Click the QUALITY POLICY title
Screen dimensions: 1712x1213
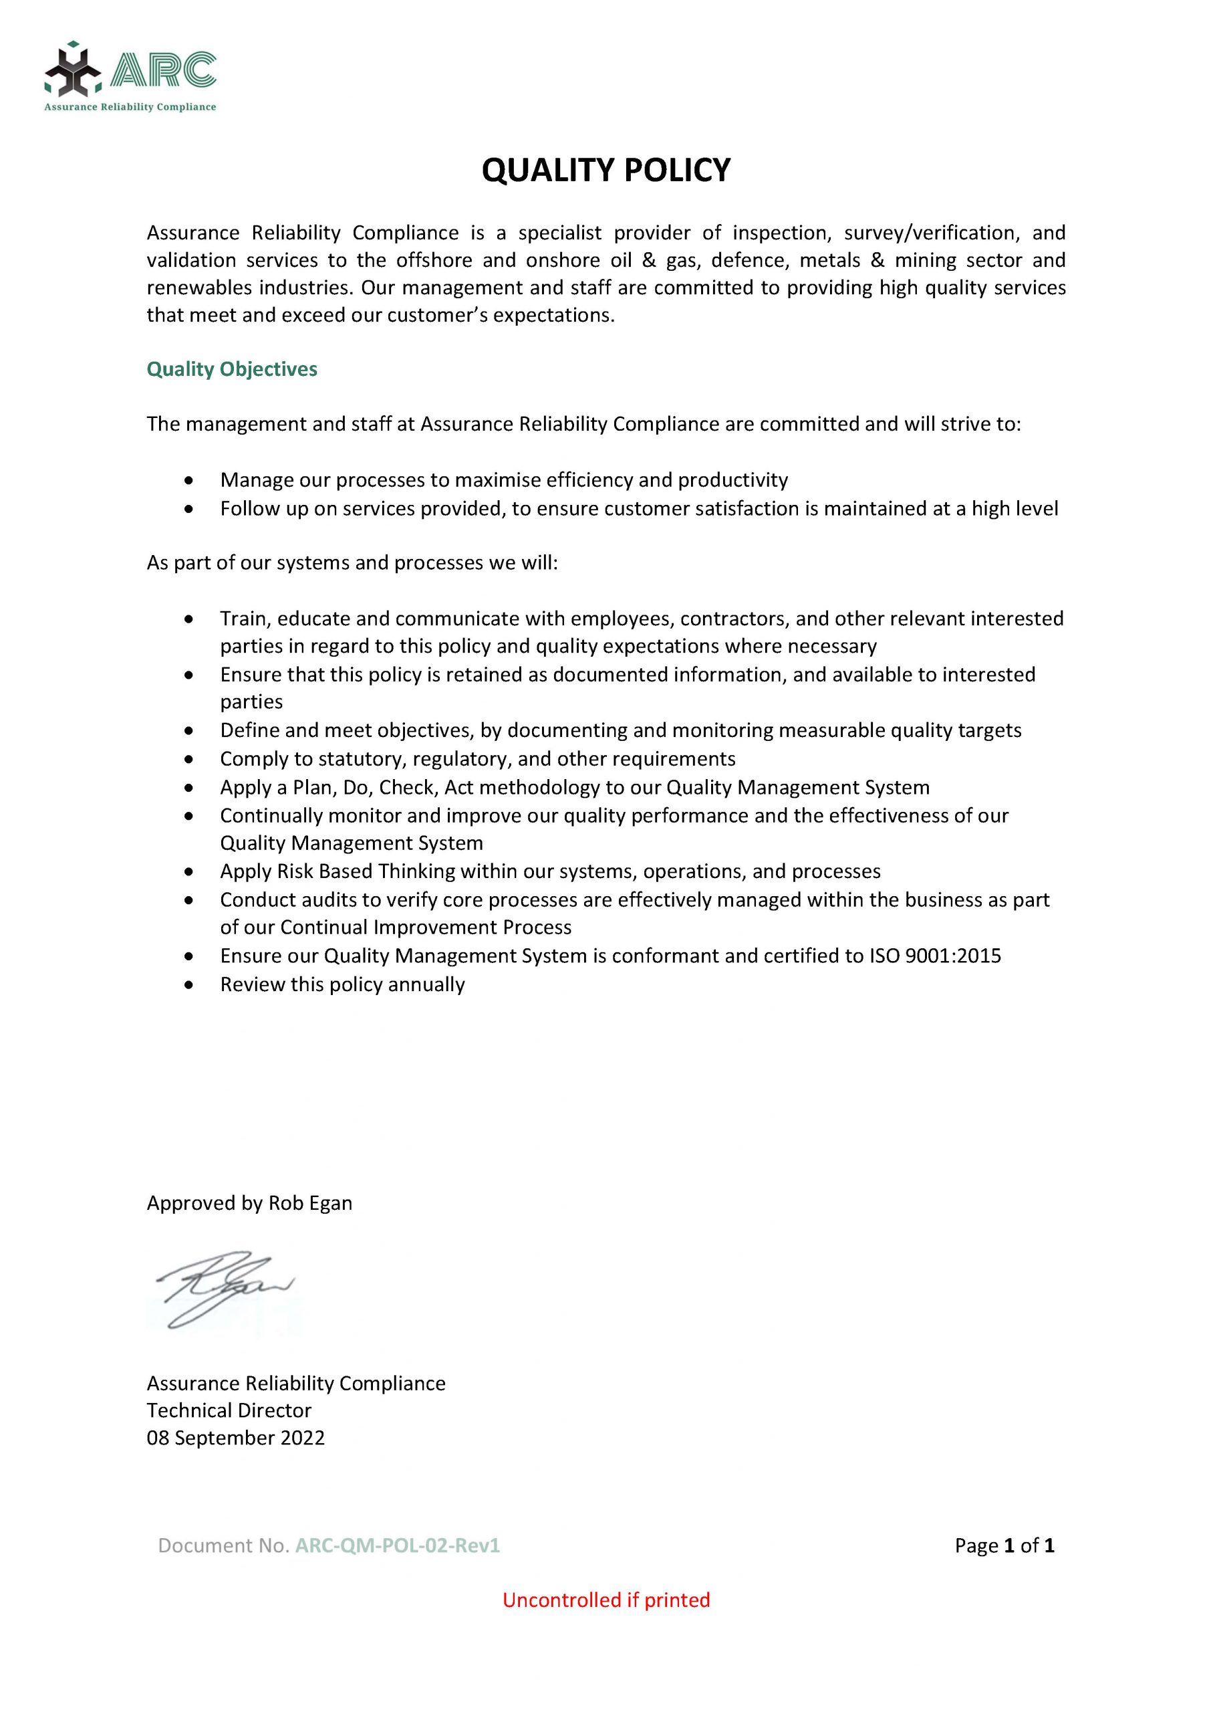coord(605,171)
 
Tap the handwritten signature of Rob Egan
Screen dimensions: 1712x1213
coord(224,1287)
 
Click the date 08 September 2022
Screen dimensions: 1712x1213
coord(235,1438)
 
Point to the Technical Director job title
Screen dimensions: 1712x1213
coord(229,1410)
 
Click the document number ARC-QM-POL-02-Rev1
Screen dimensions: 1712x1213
coord(398,1545)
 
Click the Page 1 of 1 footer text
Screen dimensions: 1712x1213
coord(1004,1545)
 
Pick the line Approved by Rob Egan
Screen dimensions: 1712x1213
coord(249,1203)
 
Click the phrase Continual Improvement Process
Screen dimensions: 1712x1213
coord(426,928)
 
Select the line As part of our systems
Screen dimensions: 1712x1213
coord(352,562)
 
